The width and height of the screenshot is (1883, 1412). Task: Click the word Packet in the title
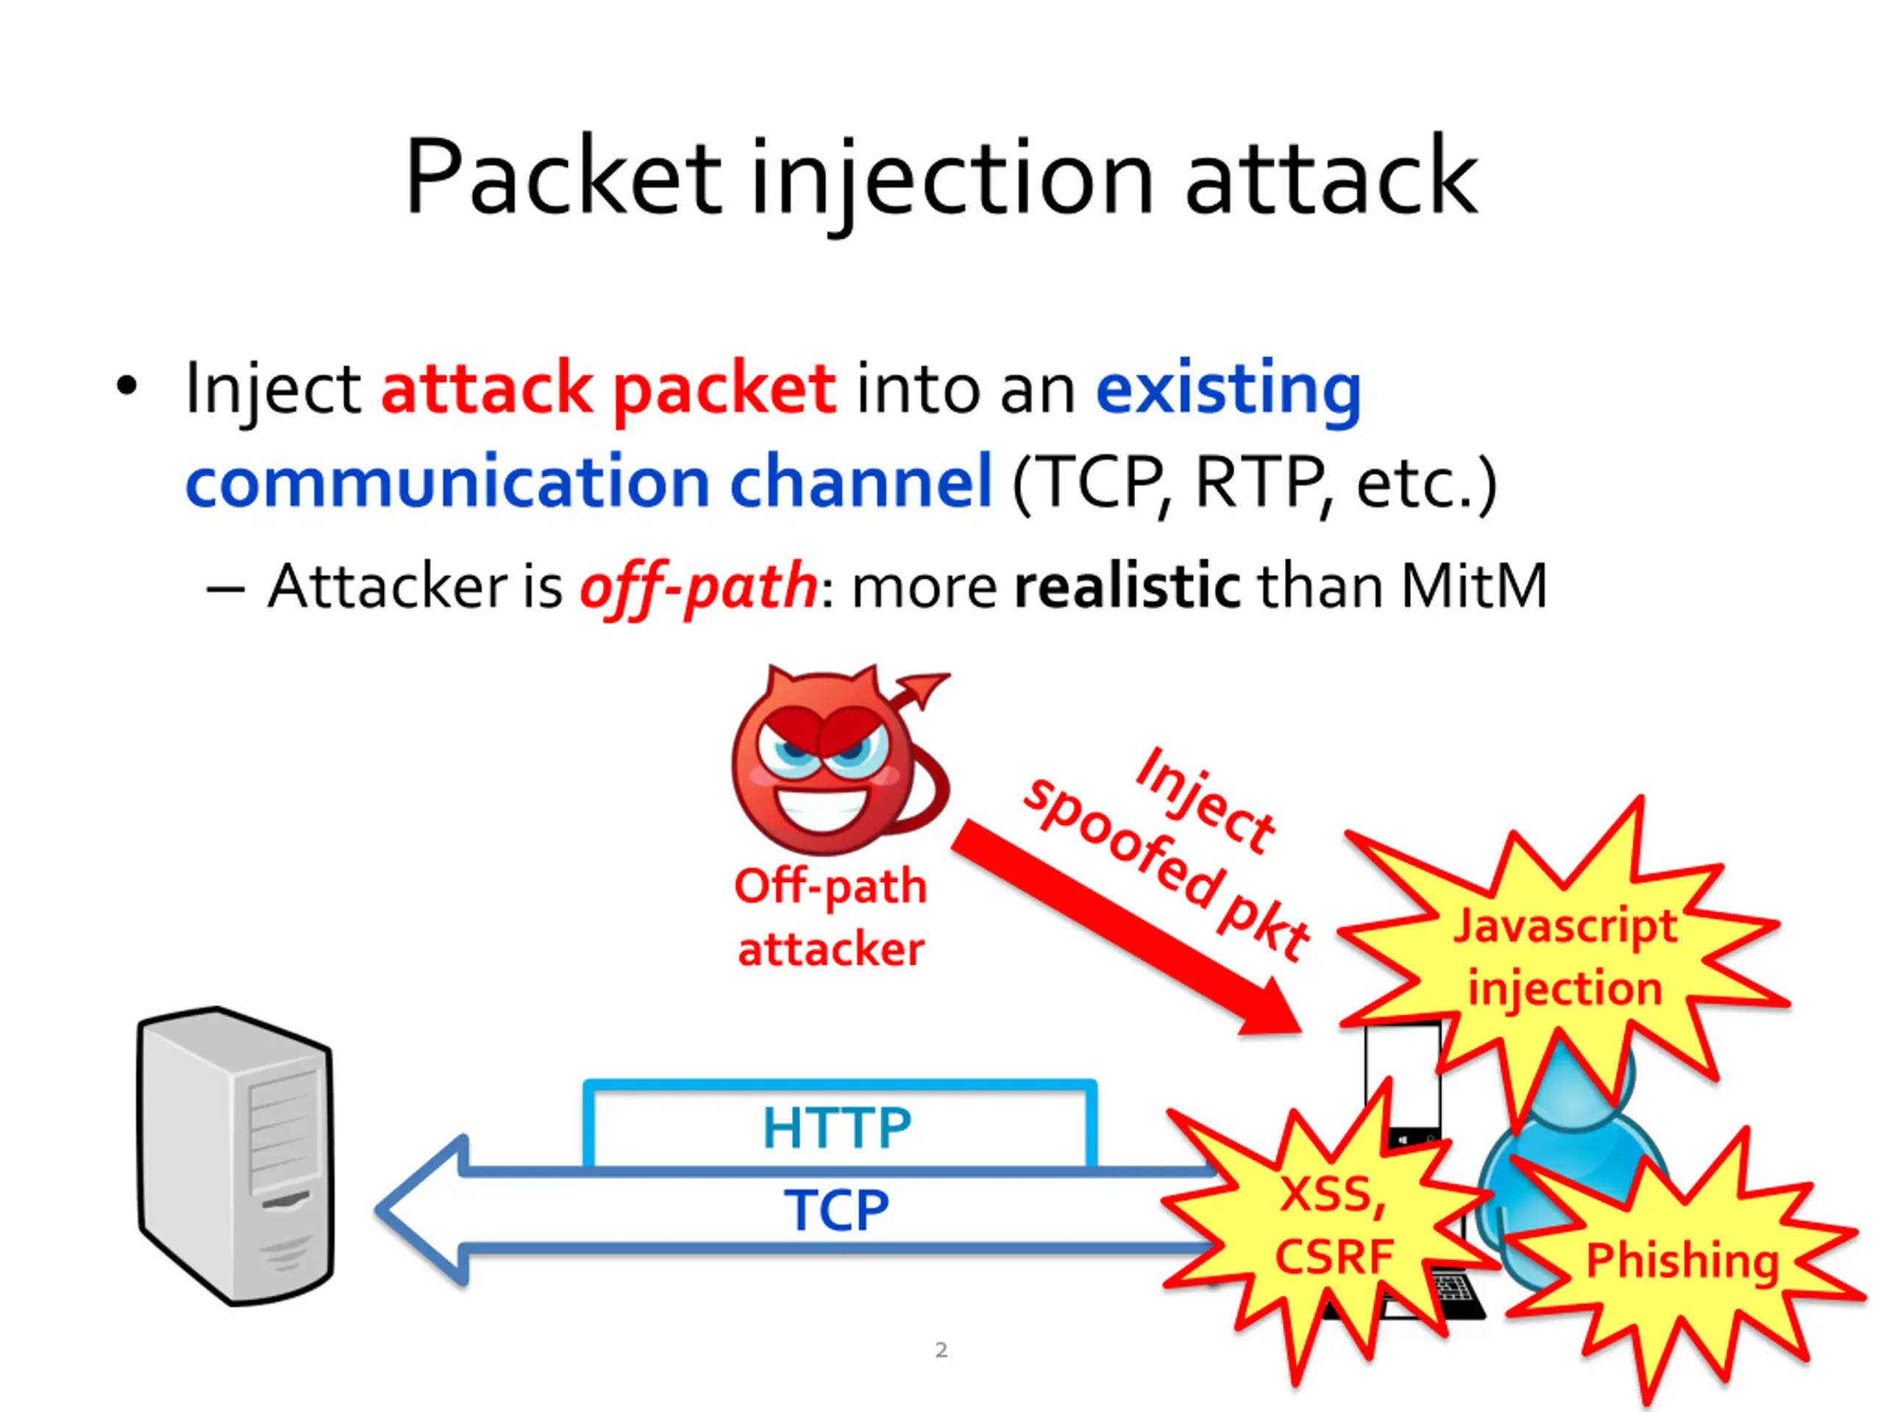[x=563, y=177]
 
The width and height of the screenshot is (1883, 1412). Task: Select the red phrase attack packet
[x=608, y=389]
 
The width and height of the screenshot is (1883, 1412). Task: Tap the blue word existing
[x=1228, y=389]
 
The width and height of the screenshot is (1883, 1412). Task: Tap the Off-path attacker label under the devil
[x=830, y=918]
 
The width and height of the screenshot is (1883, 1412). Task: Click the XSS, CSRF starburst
[x=1332, y=1226]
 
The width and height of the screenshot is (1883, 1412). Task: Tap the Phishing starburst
[x=1682, y=1261]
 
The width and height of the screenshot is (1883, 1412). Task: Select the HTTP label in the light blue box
[x=837, y=1127]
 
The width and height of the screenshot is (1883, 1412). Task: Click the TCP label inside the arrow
[x=837, y=1210]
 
